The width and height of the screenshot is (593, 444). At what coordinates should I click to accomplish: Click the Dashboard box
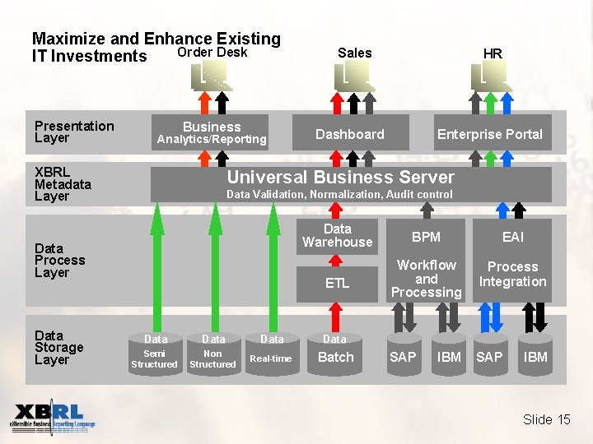coord(350,134)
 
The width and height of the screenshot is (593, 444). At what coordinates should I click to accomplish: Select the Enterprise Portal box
coord(489,134)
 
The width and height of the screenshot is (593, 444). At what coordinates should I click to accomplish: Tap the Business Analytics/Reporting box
coord(212,132)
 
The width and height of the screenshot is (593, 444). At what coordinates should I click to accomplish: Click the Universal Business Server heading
coord(340,178)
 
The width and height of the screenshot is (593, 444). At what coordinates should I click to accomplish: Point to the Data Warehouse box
coord(337,235)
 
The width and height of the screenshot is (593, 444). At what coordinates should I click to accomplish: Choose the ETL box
coord(337,283)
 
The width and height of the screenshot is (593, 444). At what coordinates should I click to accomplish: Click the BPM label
coord(426,237)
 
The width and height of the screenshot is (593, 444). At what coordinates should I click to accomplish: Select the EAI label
coord(512,237)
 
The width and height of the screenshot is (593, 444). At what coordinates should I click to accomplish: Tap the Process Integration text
coord(512,274)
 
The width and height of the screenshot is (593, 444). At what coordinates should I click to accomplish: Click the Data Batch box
coord(335,351)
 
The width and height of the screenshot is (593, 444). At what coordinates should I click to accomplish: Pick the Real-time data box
coord(271,351)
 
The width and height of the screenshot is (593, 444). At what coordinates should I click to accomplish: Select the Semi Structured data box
coord(155,351)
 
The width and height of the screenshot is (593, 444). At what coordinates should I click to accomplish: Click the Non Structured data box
coord(212,351)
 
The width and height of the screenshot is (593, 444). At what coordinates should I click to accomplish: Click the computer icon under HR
coord(493,76)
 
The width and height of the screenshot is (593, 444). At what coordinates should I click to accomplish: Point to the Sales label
coord(355,53)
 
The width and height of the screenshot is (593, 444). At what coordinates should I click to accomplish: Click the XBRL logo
coord(54,418)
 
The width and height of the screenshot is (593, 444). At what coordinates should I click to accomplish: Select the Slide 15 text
coord(546,419)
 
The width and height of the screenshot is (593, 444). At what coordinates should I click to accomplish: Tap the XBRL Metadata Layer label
coord(63,184)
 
